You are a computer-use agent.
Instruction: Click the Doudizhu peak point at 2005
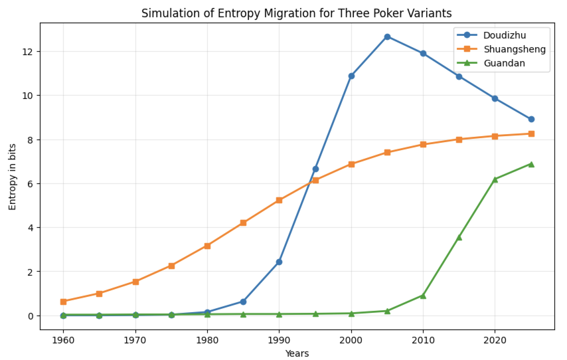click(387, 37)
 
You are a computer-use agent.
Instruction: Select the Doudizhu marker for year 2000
click(351, 76)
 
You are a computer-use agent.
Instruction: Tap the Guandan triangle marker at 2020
click(495, 179)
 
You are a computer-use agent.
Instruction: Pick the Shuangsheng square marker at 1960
click(63, 302)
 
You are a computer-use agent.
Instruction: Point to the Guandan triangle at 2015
click(459, 237)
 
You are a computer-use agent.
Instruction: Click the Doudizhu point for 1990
click(279, 262)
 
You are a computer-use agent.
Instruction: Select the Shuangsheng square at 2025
click(531, 134)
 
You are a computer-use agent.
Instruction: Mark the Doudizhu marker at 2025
click(531, 120)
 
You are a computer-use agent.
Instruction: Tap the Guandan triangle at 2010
click(423, 296)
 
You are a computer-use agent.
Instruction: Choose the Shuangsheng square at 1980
click(207, 246)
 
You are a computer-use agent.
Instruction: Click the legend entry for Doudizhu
click(501, 34)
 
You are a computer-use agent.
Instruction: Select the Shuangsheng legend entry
click(501, 48)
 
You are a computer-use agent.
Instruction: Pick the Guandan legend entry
click(501, 63)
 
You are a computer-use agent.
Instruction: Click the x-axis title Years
click(297, 353)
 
